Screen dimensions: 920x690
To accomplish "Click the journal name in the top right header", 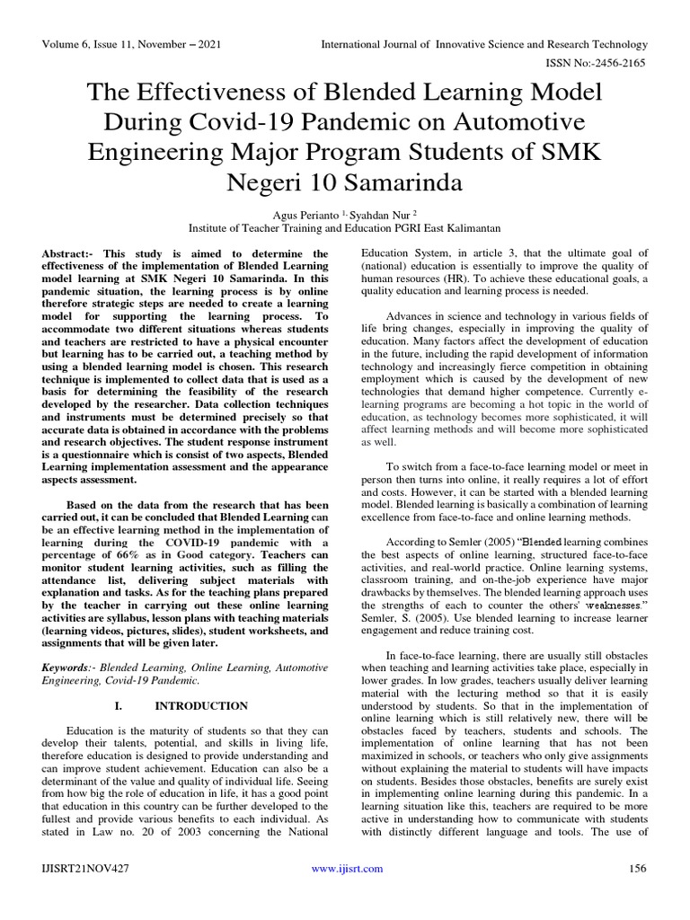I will pyautogui.click(x=484, y=44).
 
